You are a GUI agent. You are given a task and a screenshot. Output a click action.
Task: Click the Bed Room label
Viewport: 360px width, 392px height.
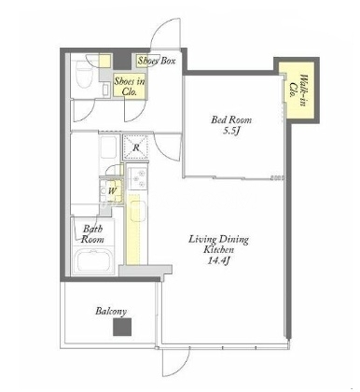point(231,119)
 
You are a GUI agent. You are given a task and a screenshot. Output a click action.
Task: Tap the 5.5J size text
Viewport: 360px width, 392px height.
point(231,132)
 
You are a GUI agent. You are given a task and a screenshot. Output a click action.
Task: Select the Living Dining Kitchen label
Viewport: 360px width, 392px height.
point(219,245)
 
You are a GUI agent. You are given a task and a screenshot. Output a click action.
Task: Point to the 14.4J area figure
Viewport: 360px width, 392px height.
point(218,260)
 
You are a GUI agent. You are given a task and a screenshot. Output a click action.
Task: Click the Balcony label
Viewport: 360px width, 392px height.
point(111,311)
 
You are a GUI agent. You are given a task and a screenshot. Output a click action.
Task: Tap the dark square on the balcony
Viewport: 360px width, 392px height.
point(122,328)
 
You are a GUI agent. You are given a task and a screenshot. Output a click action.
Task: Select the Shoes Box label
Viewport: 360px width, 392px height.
point(157,61)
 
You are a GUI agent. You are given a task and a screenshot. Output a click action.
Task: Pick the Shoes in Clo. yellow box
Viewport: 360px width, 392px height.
point(130,86)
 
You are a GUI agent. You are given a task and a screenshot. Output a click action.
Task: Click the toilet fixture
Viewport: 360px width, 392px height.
point(83,75)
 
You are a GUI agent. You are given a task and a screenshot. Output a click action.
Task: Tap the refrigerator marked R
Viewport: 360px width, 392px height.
point(136,147)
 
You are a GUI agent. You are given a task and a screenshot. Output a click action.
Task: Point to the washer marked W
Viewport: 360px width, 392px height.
point(111,190)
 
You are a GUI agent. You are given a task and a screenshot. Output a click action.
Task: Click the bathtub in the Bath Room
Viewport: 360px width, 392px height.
point(94,260)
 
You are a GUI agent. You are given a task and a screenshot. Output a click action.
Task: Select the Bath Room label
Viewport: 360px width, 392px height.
point(92,234)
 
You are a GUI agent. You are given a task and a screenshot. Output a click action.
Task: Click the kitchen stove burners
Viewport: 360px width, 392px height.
point(138,179)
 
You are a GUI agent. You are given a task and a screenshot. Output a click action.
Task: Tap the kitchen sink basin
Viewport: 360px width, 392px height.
point(138,211)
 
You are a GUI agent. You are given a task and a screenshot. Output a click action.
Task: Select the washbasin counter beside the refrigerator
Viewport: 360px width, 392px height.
point(108,147)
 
